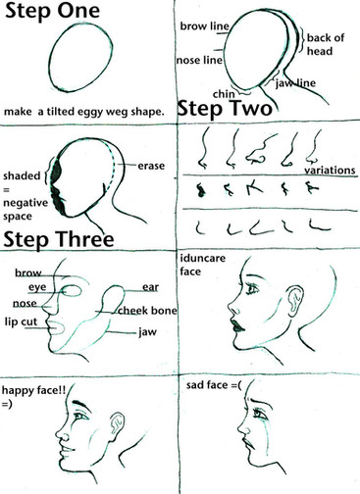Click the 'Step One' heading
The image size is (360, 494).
pyautogui.click(x=52, y=11)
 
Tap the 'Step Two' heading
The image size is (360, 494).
pyautogui.click(x=225, y=109)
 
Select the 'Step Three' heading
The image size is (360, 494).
pyautogui.click(x=59, y=239)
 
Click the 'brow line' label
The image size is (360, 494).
pyautogui.click(x=205, y=26)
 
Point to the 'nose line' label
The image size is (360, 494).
pyautogui.click(x=199, y=60)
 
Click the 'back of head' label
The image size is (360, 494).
pyautogui.click(x=326, y=44)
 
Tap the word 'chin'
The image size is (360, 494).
pyautogui.click(x=224, y=94)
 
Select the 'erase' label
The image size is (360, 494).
pyautogui.click(x=151, y=166)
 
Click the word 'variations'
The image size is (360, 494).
pyautogui.click(x=330, y=171)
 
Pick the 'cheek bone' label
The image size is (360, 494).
pyautogui.click(x=147, y=311)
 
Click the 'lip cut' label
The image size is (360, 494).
pyautogui.click(x=22, y=321)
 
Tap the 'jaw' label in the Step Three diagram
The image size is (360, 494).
pyautogui.click(x=147, y=332)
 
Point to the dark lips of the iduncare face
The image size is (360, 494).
pyautogui.click(x=238, y=325)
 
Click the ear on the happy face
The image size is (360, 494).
pyautogui.click(x=118, y=423)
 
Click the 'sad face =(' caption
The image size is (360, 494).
pyautogui.click(x=214, y=385)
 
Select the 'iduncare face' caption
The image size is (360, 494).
pyautogui.click(x=203, y=265)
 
